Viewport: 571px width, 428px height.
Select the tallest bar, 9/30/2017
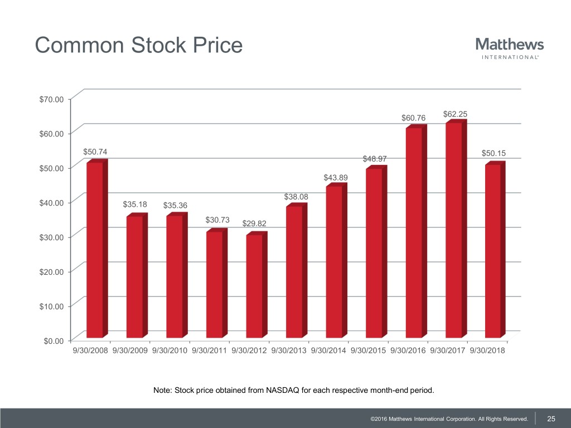(x=454, y=230)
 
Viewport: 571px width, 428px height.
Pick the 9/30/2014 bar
(x=334, y=261)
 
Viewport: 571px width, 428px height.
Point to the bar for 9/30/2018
(x=493, y=251)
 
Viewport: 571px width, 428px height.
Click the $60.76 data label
(x=413, y=118)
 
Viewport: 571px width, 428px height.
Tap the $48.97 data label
(x=375, y=159)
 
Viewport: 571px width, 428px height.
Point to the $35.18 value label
(x=134, y=205)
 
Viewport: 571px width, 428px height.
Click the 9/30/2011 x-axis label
(x=210, y=351)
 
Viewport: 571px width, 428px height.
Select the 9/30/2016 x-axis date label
(x=409, y=351)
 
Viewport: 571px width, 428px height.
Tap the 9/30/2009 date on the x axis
(x=131, y=351)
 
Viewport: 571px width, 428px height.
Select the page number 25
(x=551, y=419)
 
